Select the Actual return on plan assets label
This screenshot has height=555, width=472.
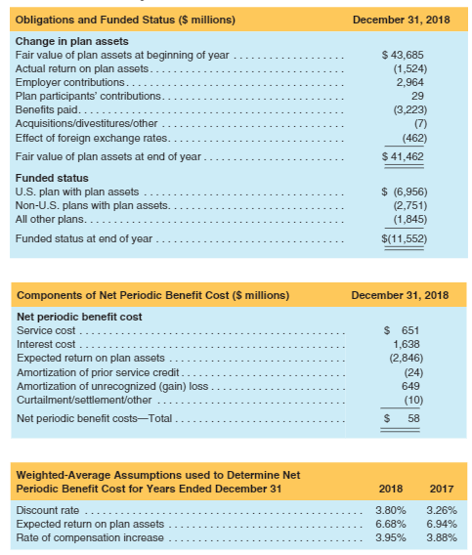point(83,67)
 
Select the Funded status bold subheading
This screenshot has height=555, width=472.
point(52,178)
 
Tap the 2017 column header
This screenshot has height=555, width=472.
point(441,488)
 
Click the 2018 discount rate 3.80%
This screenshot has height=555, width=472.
point(391,510)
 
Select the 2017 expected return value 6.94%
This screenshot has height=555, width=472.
point(441,524)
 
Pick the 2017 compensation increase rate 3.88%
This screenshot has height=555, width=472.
point(441,537)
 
